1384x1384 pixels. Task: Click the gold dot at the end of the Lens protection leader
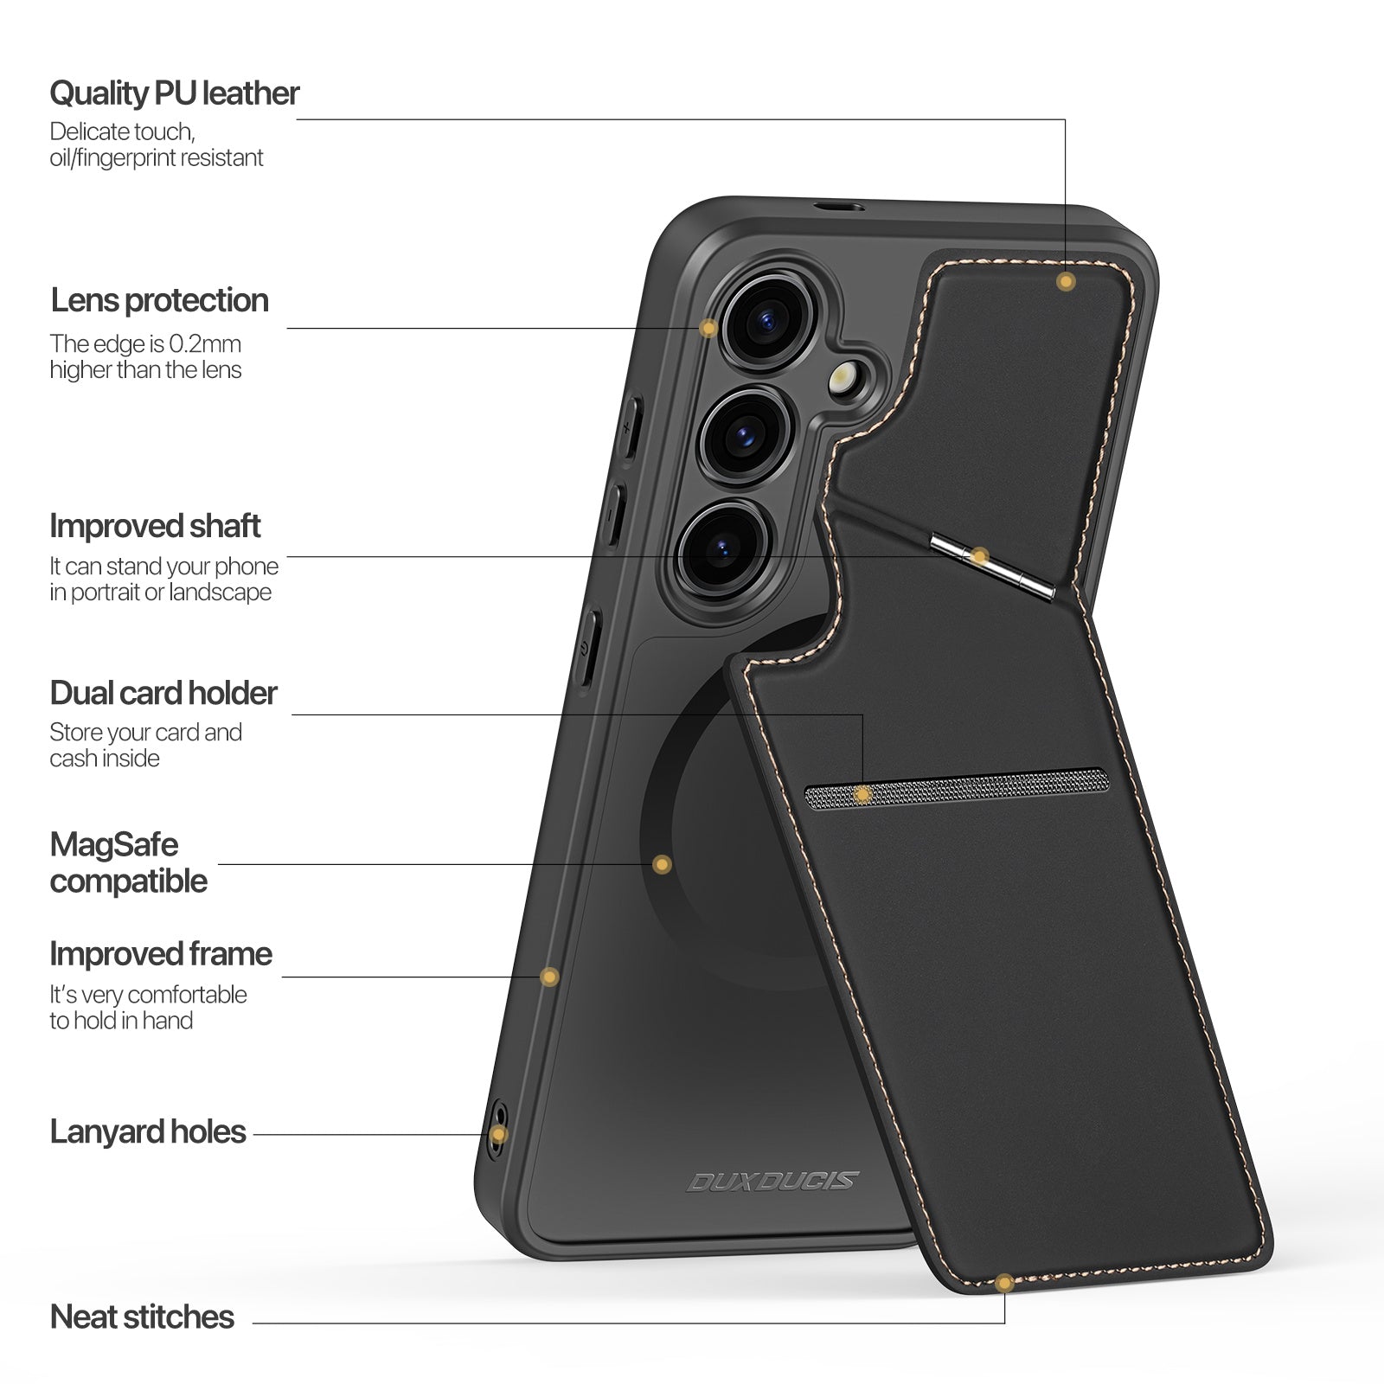point(708,329)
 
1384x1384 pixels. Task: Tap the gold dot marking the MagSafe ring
point(662,864)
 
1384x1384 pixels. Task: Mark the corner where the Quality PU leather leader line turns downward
point(1065,119)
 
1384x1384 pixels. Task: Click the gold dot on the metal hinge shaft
point(978,556)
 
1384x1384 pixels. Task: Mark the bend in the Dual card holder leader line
point(862,714)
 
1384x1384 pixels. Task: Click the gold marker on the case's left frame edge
point(549,977)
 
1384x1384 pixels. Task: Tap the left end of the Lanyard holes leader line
point(254,1135)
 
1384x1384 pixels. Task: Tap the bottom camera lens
point(721,548)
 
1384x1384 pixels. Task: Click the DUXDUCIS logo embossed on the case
point(772,1181)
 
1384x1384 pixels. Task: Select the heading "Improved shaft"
point(155,526)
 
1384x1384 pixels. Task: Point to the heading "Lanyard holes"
point(148,1131)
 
